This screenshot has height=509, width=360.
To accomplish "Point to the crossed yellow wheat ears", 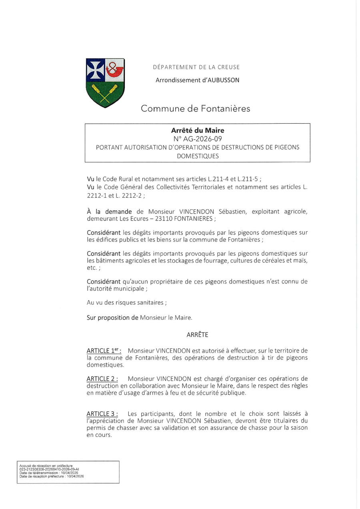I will pos(105,94).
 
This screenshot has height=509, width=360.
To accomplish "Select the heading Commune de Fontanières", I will pos(195,108).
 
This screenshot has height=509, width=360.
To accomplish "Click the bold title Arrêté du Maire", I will pos(198,130).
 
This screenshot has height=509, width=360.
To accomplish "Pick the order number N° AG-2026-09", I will pos(198,139).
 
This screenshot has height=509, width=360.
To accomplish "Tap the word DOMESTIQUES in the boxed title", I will pos(198,156).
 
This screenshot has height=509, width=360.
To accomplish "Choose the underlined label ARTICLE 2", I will pos(102,379).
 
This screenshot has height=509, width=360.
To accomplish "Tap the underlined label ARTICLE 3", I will pos(102,414).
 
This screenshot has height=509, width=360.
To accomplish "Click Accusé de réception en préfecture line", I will pos(46,466).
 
